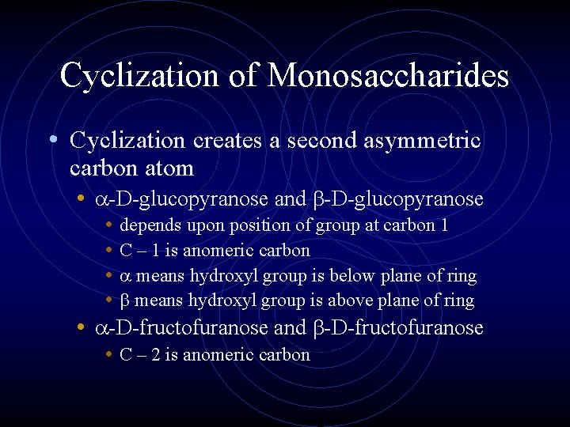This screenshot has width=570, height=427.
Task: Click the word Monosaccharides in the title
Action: click(388, 76)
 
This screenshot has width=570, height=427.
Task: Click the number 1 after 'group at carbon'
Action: click(445, 225)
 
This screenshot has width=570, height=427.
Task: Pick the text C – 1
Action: click(139, 251)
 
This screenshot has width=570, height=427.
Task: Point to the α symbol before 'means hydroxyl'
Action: click(125, 277)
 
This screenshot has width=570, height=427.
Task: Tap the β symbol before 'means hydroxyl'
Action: click(125, 301)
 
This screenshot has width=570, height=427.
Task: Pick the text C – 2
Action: click(139, 354)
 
